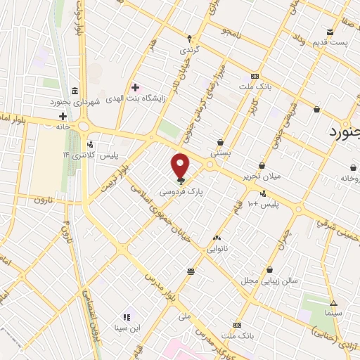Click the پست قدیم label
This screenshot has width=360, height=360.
[x=331, y=44]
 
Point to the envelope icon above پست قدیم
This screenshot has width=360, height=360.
[x=330, y=32]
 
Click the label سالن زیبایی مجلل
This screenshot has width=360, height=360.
[x=269, y=281]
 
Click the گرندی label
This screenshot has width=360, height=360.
[x=189, y=50]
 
